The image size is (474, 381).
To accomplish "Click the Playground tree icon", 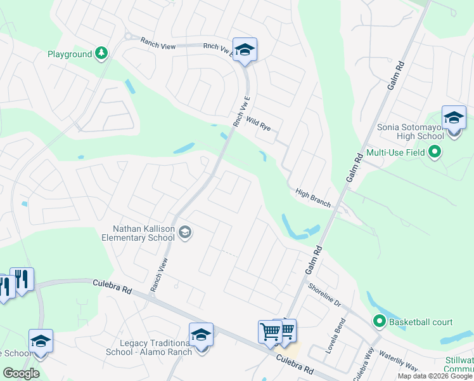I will coord(101,54).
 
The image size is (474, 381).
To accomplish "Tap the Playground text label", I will coord(70,55).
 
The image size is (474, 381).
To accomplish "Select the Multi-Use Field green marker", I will coord(435,152).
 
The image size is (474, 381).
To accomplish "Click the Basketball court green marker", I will coord(380,322).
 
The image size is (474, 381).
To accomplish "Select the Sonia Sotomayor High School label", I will coord(411,131).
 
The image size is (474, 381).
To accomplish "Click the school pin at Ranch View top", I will coord(245,50).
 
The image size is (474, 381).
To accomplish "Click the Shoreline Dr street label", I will coord(324,296).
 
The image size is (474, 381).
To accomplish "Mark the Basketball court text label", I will coord(421,322).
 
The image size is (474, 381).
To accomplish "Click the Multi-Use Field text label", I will coord(396,153).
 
